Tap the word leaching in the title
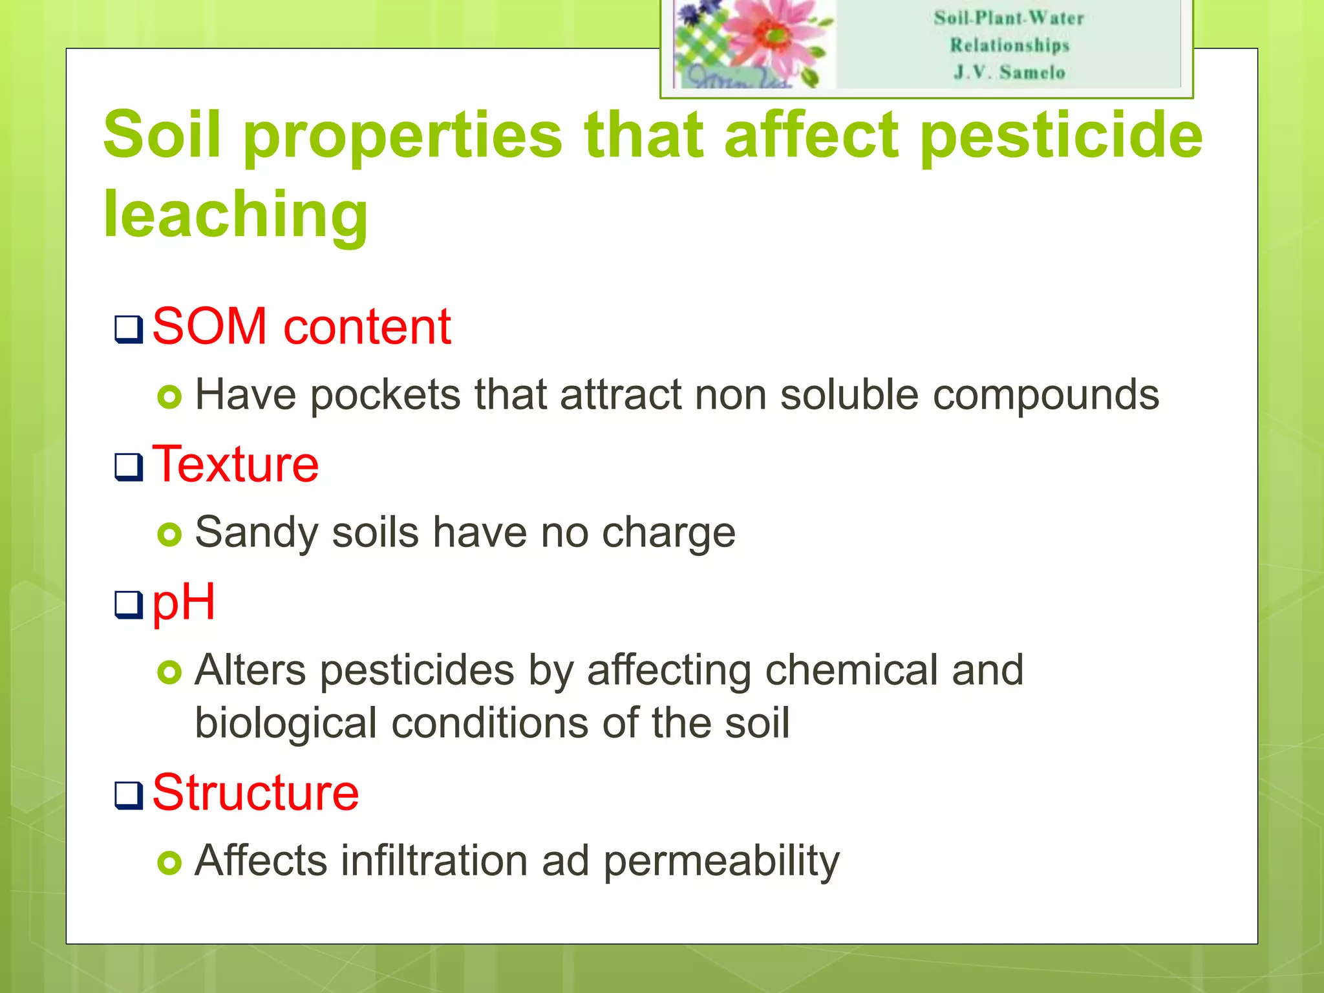(236, 215)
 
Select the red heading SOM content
(301, 326)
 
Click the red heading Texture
(235, 464)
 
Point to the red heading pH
(184, 603)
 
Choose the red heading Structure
(255, 793)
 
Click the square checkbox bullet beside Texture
(129, 467)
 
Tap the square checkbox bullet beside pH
(129, 605)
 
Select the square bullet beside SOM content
(129, 329)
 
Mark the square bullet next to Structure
(129, 795)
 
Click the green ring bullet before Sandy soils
(169, 535)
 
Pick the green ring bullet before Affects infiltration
(169, 862)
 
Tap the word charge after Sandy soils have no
(668, 534)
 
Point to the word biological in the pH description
(286, 723)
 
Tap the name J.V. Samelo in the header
(1009, 72)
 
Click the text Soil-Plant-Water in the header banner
(1009, 18)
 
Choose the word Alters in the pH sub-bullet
(250, 670)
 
